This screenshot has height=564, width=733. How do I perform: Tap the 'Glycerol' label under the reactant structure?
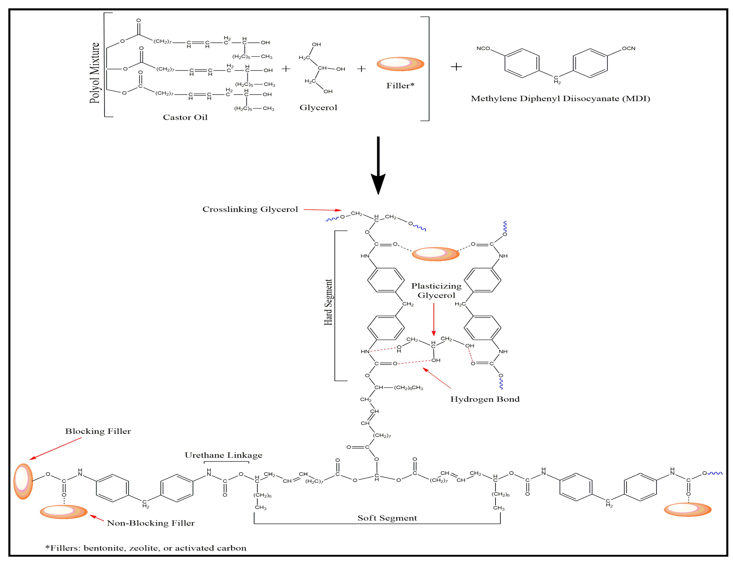pyautogui.click(x=318, y=108)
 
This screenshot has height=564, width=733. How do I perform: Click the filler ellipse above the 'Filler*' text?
pyautogui.click(x=400, y=64)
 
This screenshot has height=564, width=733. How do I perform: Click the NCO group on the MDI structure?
pyautogui.click(x=483, y=48)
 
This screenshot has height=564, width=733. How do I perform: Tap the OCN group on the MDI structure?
pyautogui.click(x=628, y=48)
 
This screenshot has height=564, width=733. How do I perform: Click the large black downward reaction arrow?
pyautogui.click(x=378, y=164)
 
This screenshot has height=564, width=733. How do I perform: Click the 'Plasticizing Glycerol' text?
pyautogui.click(x=436, y=291)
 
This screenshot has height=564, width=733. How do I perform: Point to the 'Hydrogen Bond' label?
pyautogui.click(x=485, y=399)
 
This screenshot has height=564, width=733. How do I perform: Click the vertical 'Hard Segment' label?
pyautogui.click(x=328, y=302)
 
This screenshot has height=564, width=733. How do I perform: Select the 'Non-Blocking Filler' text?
pyautogui.click(x=151, y=523)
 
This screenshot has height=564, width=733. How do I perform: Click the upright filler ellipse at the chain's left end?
pyautogui.click(x=23, y=481)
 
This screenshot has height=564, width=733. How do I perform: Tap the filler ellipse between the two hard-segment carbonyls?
pyautogui.click(x=435, y=254)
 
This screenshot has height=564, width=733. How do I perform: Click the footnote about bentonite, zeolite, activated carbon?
pyautogui.click(x=146, y=548)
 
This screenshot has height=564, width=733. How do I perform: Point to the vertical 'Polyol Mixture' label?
pyautogui.click(x=95, y=73)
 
